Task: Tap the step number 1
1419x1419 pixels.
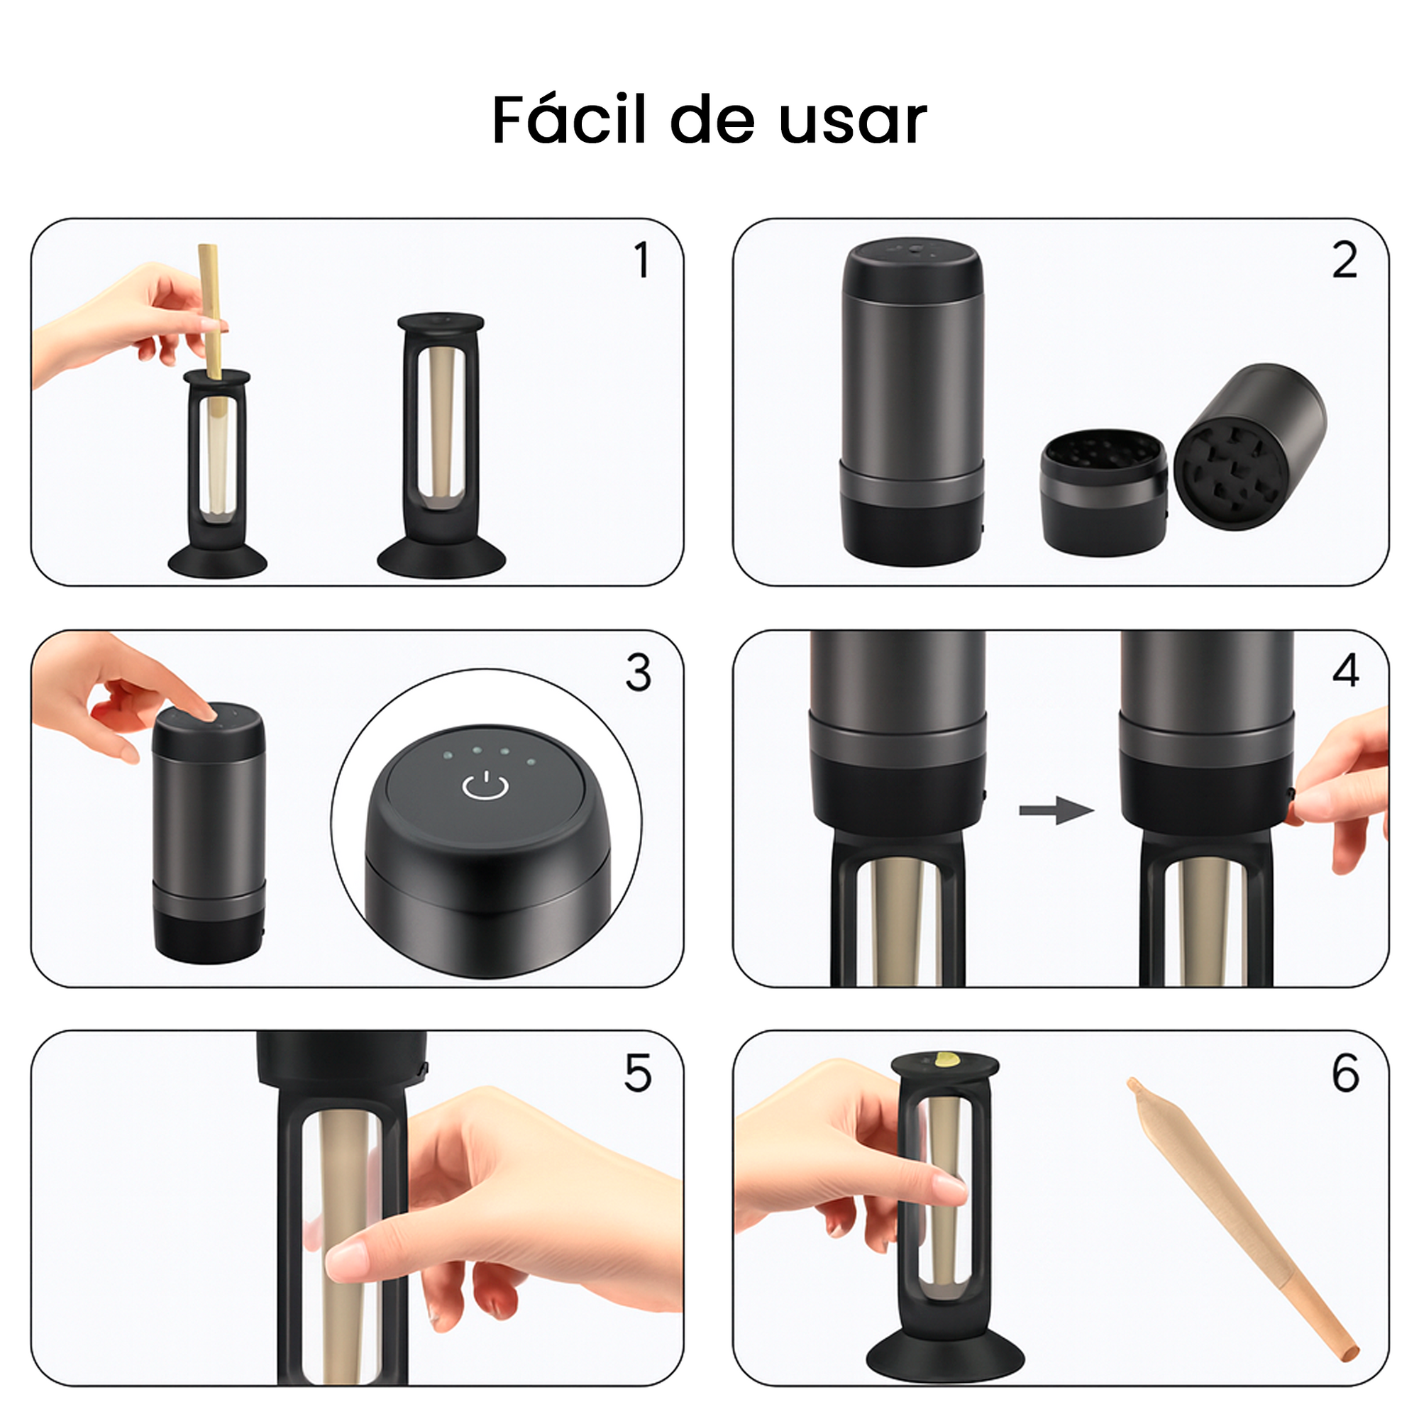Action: pyautogui.click(x=641, y=260)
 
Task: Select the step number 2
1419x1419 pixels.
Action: pyautogui.click(x=1345, y=260)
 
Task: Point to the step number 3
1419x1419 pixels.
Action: pyautogui.click(x=639, y=672)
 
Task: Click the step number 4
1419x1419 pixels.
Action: pyautogui.click(x=1345, y=670)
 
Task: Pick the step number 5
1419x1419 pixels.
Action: pyautogui.click(x=638, y=1073)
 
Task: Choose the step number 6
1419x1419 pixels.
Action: pyautogui.click(x=1345, y=1073)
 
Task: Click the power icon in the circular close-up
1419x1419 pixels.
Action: pyautogui.click(x=485, y=785)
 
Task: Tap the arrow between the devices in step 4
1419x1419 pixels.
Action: pyautogui.click(x=1056, y=810)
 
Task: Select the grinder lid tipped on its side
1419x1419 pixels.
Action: pyautogui.click(x=1249, y=446)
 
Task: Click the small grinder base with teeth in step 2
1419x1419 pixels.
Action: pyautogui.click(x=1103, y=493)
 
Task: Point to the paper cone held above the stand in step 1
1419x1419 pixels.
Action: pyautogui.click(x=211, y=312)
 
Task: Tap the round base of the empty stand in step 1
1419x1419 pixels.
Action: pyautogui.click(x=441, y=560)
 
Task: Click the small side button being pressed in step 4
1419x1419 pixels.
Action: pyautogui.click(x=1291, y=794)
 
